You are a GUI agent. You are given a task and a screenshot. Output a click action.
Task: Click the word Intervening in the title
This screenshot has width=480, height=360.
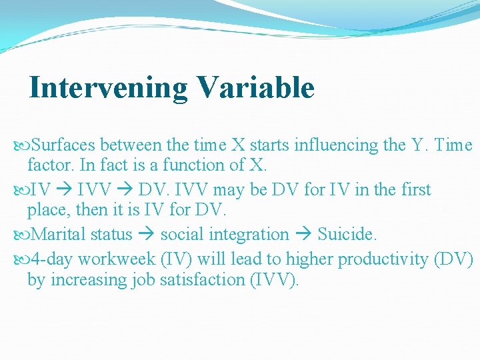pos(109,88)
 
